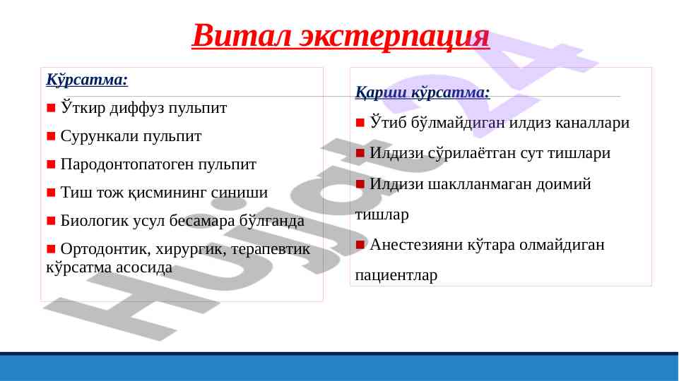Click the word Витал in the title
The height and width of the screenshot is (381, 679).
(241, 35)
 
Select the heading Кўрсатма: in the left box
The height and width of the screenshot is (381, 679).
(87, 80)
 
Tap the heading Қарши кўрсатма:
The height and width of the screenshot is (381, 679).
(423, 92)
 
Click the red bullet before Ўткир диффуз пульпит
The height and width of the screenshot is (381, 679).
(51, 108)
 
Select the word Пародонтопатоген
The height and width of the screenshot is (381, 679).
(127, 164)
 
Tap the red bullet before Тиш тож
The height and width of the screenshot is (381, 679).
(51, 192)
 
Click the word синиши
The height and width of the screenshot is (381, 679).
(239, 193)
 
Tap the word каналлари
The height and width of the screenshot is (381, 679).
(592, 123)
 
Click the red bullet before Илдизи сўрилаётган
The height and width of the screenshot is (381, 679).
(360, 153)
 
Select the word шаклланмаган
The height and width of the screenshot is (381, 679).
(480, 184)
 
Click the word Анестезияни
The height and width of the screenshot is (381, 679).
(415, 245)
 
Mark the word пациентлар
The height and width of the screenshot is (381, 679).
(396, 275)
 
